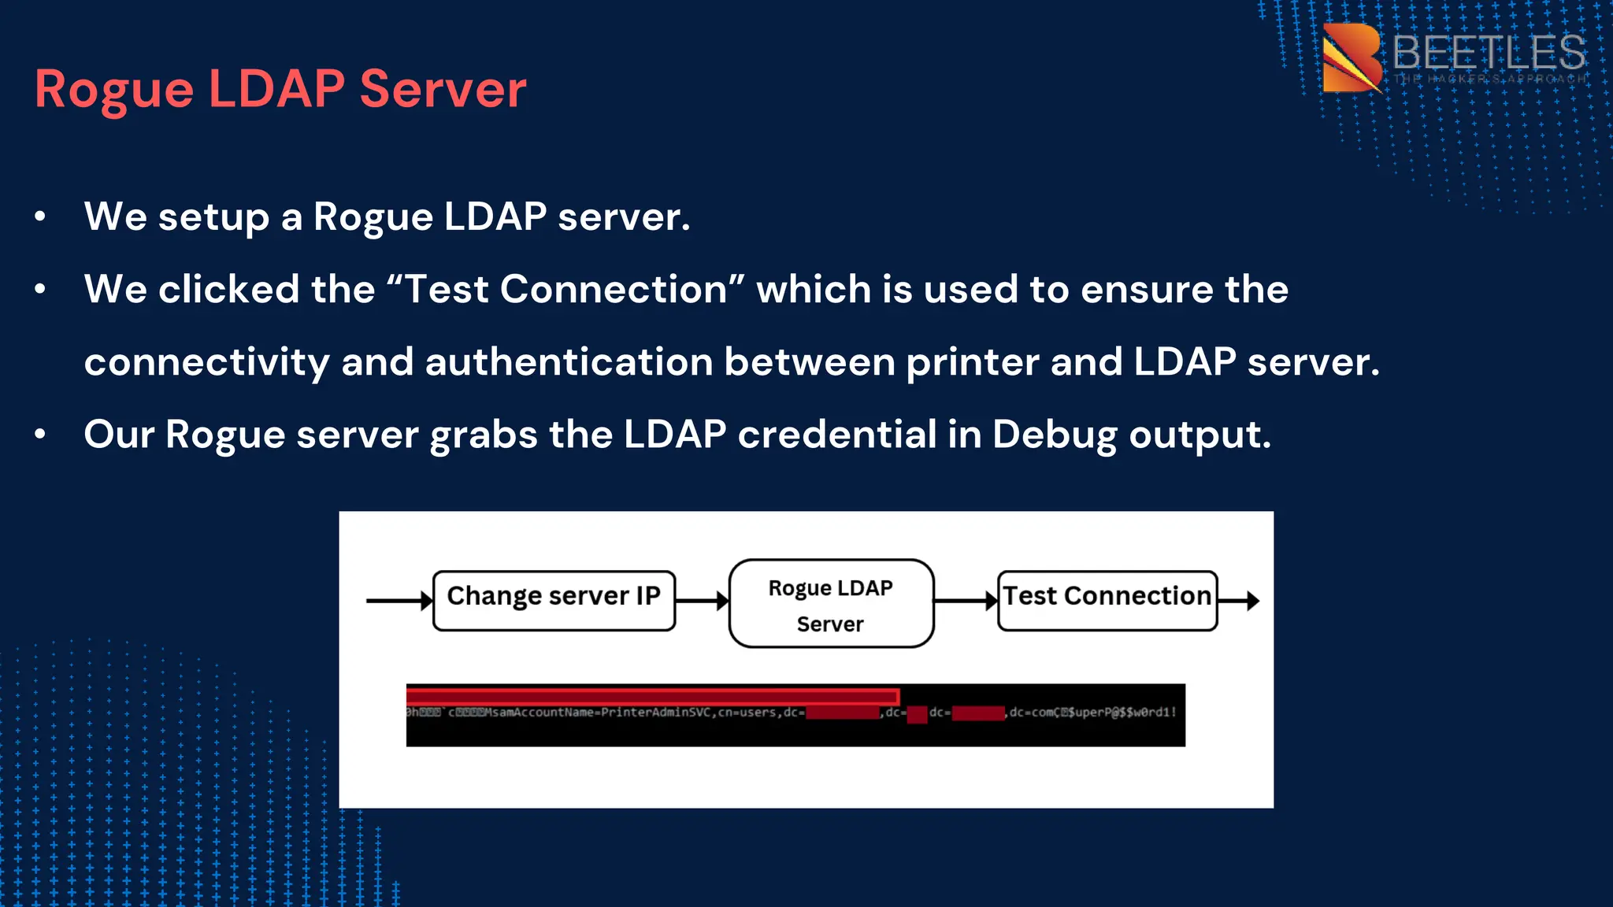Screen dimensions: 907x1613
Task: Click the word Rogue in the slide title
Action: [113, 90]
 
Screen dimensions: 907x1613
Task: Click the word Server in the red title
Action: [443, 90]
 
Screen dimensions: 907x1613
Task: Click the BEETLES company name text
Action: [1488, 54]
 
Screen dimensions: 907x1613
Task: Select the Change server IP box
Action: [554, 601]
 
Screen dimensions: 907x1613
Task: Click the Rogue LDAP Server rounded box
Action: [831, 604]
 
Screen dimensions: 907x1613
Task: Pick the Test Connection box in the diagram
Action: [1107, 601]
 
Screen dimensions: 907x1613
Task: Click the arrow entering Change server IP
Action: [399, 601]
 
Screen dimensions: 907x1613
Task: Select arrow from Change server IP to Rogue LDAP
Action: [702, 602]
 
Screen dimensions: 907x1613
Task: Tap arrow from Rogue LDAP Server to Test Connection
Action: [966, 602]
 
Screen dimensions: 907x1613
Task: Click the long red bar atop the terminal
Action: [652, 696]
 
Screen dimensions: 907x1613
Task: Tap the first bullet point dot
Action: [40, 217]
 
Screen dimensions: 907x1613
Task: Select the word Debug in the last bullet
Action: [1054, 435]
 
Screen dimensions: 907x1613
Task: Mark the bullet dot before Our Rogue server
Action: [40, 434]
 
